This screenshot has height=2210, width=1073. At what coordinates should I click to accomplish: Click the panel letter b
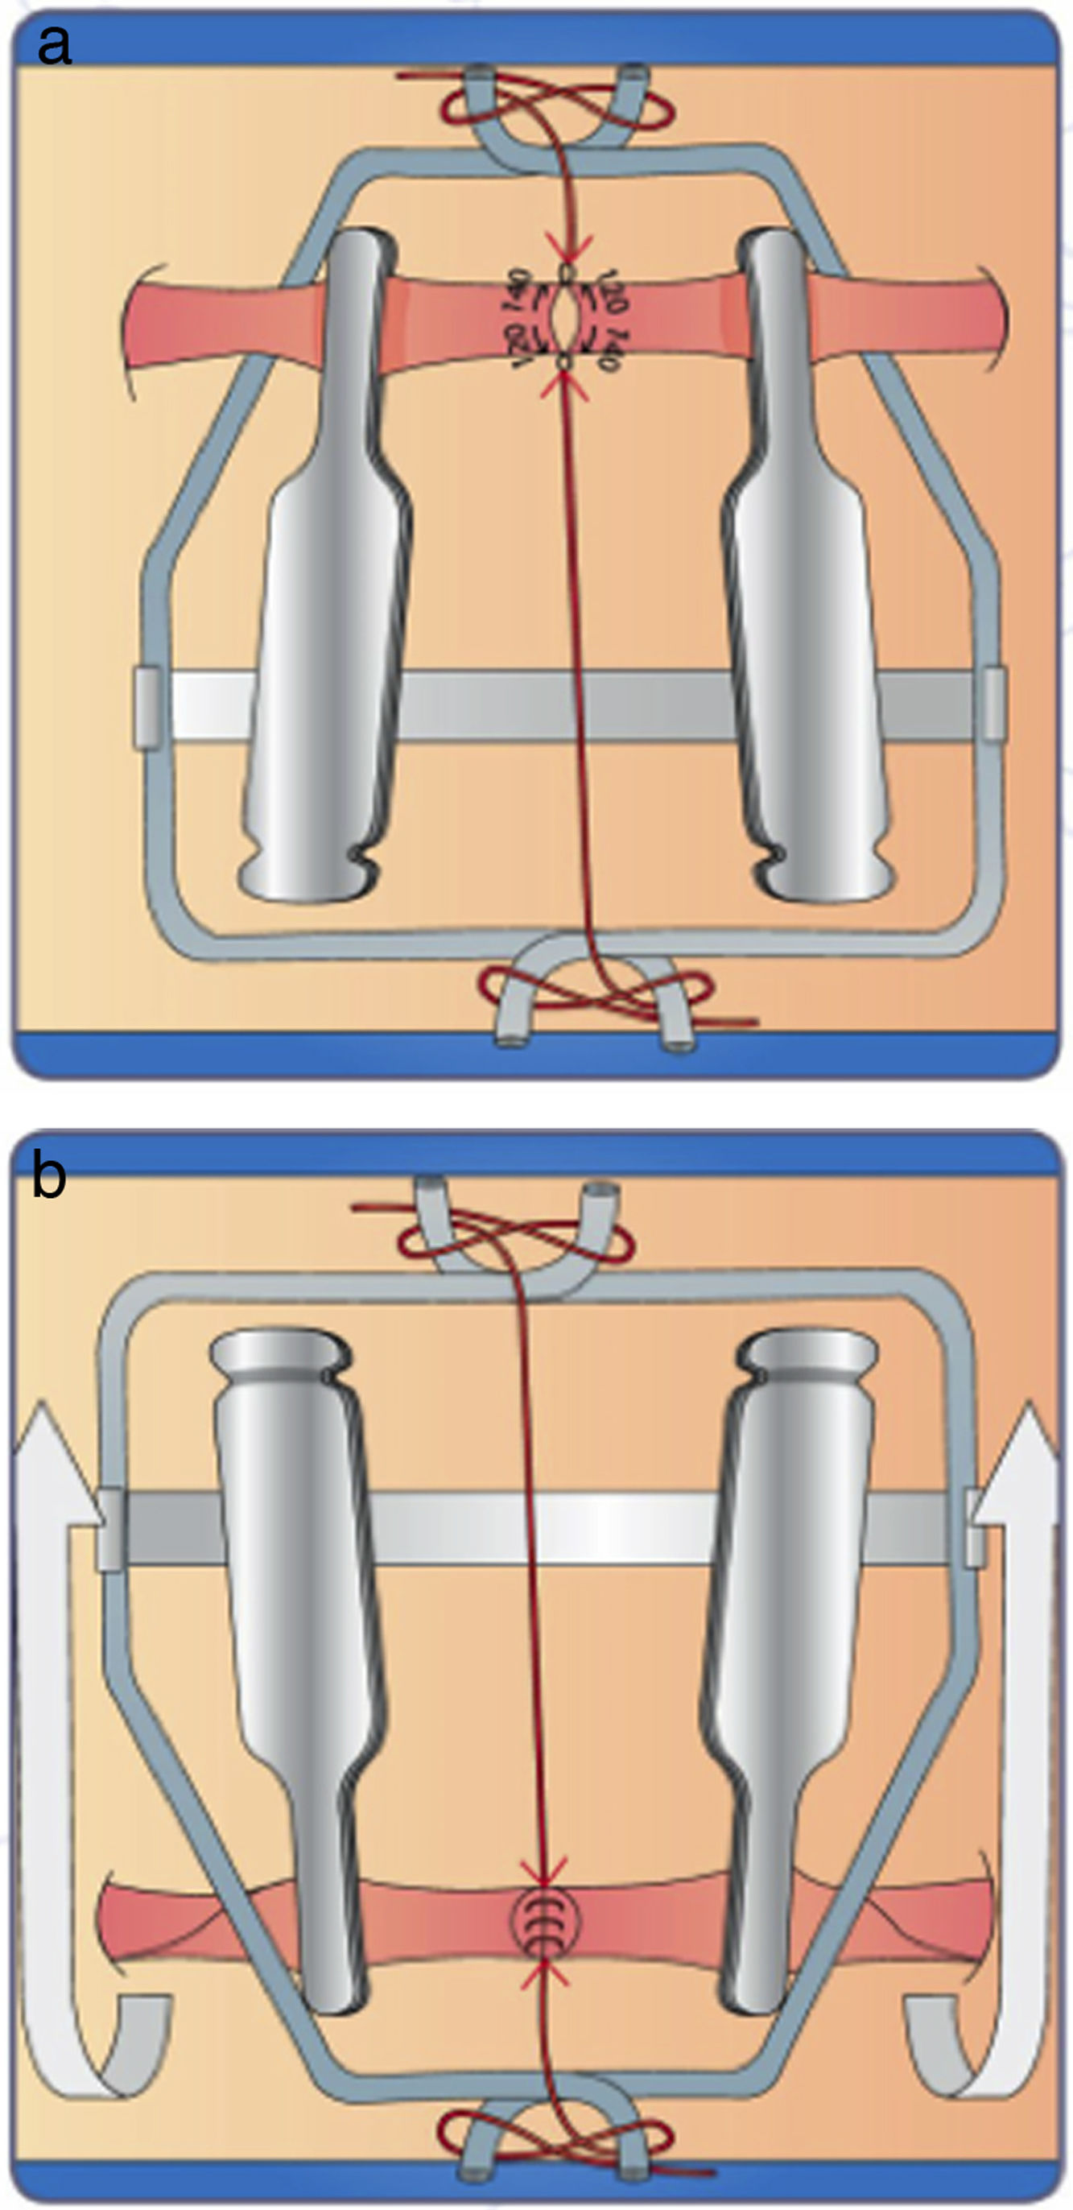49,1177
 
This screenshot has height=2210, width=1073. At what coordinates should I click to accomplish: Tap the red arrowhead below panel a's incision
564,386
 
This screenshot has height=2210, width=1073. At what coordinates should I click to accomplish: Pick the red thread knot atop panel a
555,107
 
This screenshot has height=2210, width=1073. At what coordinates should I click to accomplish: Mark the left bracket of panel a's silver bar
147,707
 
